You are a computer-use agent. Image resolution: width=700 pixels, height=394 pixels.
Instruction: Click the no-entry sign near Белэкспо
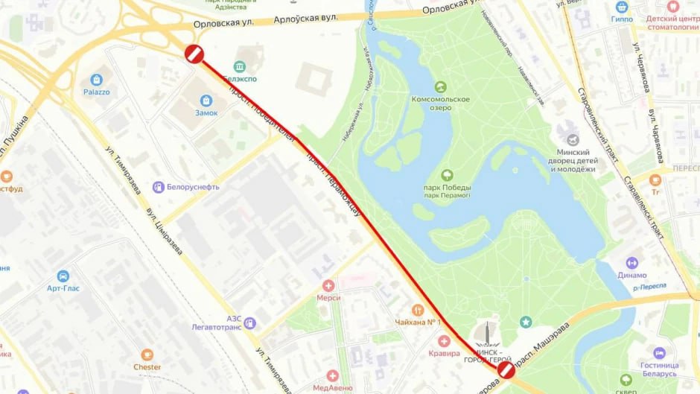[x=194, y=54]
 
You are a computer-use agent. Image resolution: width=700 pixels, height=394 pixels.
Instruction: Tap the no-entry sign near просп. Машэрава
[x=506, y=370]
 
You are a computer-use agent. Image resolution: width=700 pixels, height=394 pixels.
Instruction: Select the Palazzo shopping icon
[x=96, y=80]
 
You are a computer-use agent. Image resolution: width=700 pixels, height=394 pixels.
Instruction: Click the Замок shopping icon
[x=206, y=101]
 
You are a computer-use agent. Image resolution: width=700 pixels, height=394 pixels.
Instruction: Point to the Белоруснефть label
[x=186, y=187]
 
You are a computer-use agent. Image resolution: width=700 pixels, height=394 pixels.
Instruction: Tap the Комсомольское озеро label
[x=441, y=104]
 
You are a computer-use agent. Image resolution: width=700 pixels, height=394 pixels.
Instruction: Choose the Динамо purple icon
[x=632, y=263]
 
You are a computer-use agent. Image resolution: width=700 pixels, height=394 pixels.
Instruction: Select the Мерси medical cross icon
[x=328, y=285]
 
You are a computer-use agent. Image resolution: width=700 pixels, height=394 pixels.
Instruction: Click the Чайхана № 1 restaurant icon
[x=418, y=310]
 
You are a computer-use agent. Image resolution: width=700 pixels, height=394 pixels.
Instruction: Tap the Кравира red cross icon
[x=445, y=341]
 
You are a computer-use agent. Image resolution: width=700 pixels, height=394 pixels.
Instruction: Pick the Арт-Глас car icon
[x=63, y=276]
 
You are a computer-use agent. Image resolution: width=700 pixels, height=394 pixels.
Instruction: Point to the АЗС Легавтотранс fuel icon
[x=249, y=323]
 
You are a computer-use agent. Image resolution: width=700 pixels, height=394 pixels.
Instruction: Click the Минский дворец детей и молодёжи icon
[x=572, y=140]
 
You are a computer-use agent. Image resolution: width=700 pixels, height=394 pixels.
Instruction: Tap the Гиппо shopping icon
[x=622, y=7]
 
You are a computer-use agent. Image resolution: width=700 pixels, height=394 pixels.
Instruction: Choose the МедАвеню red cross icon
[x=332, y=376]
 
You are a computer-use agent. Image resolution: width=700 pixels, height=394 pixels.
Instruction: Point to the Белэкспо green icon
[x=240, y=67]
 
